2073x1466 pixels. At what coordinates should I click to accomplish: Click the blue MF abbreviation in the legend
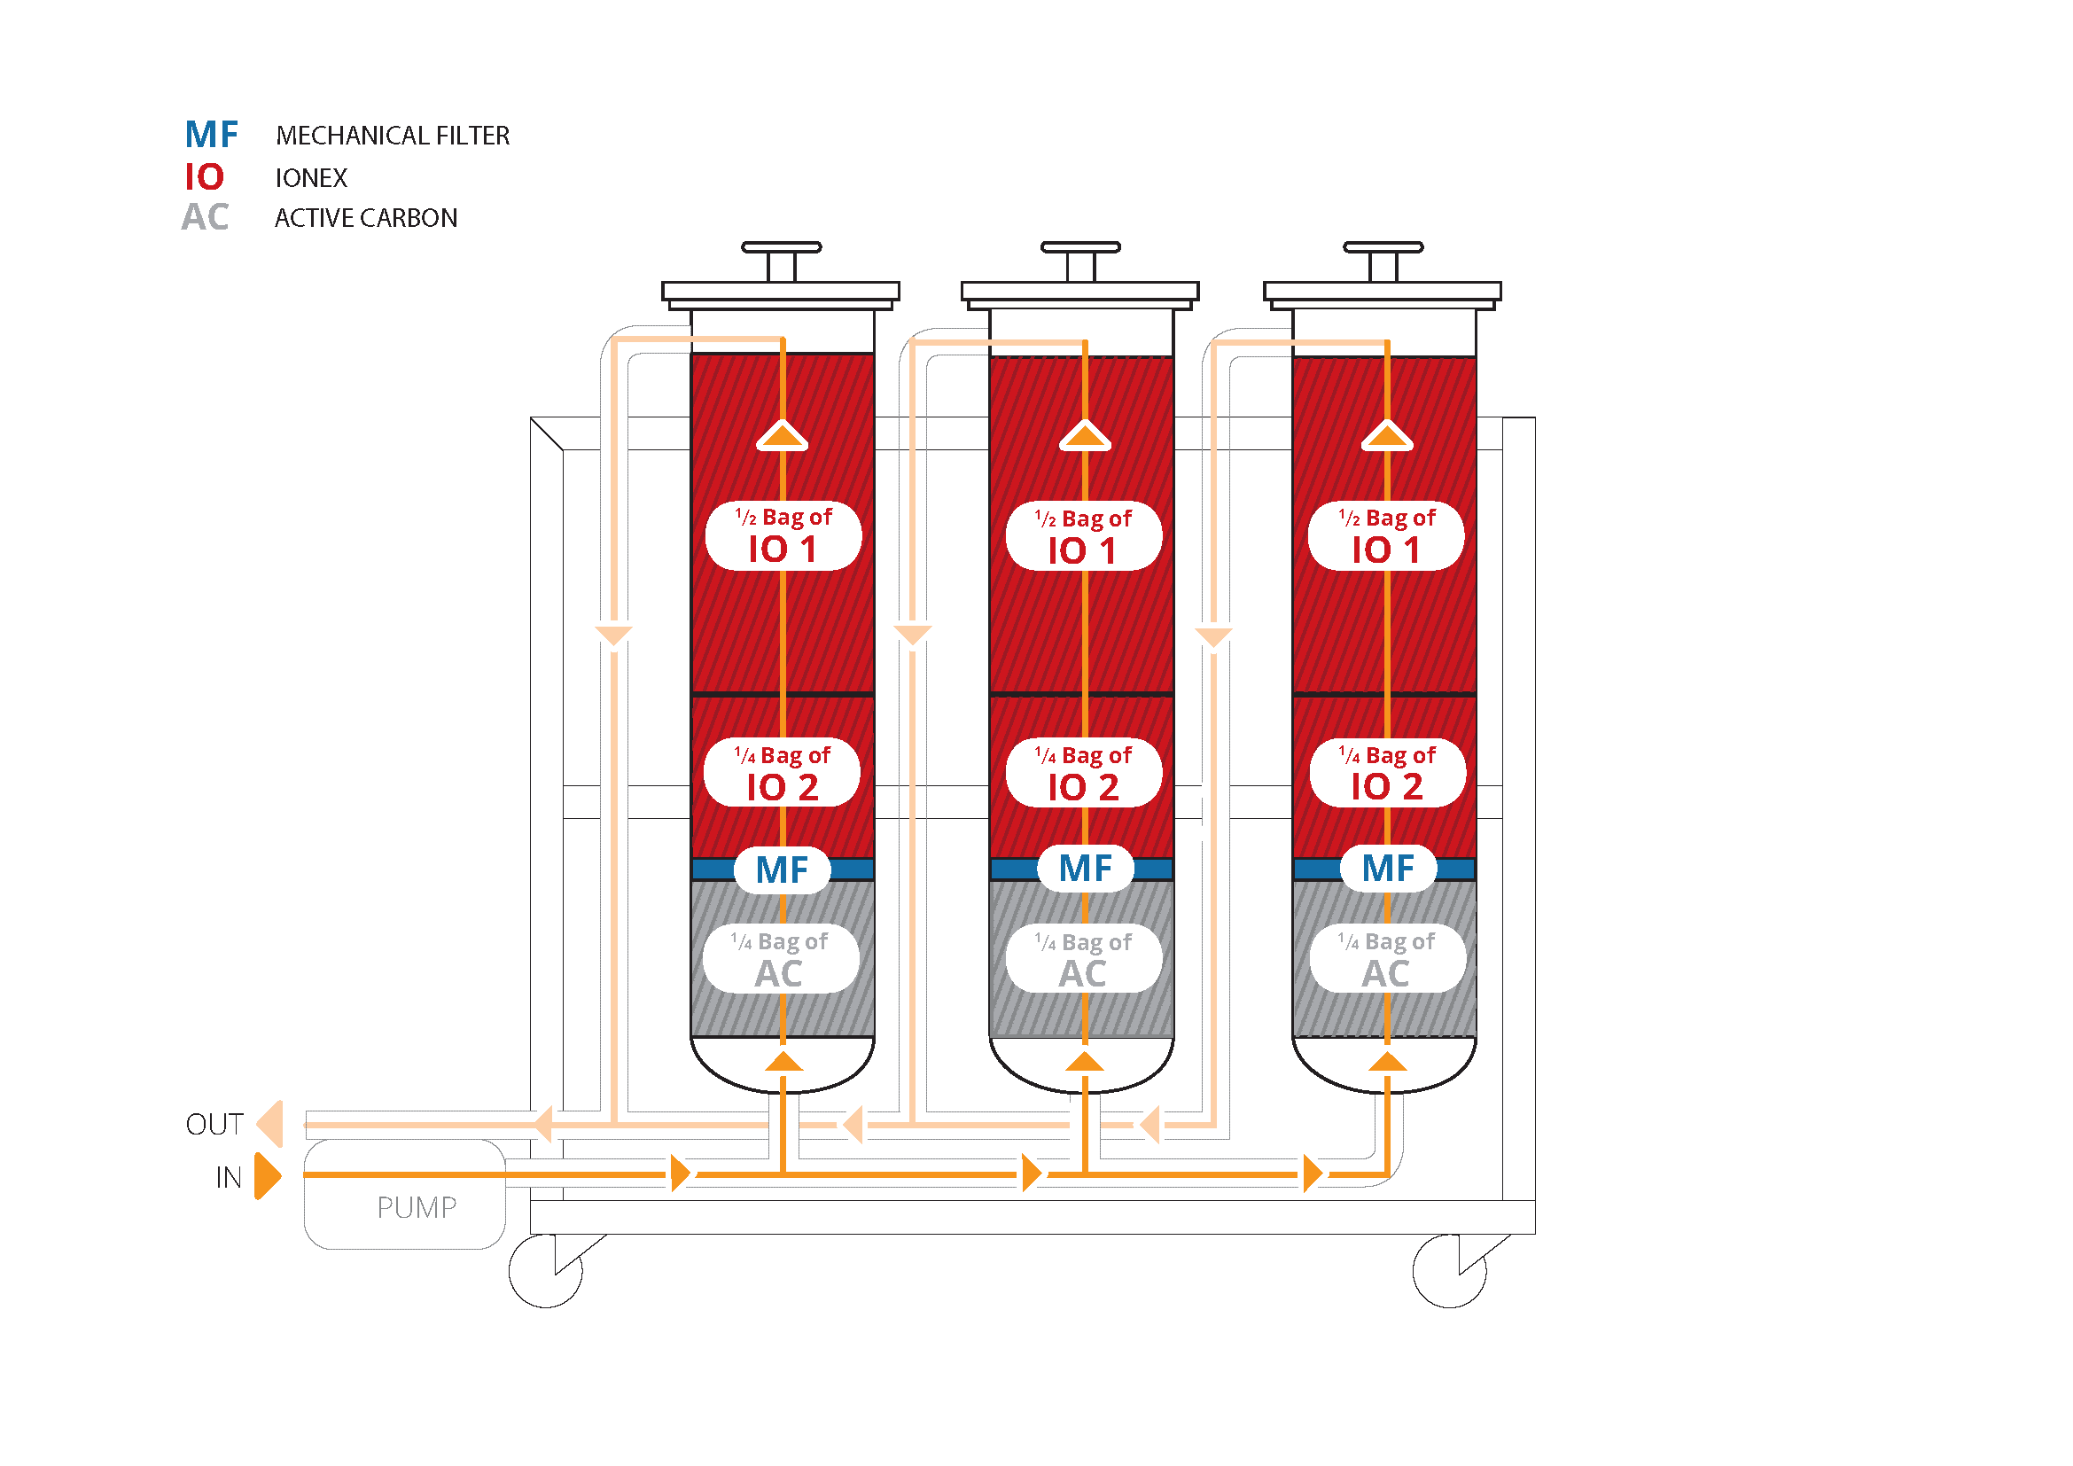pos(211,136)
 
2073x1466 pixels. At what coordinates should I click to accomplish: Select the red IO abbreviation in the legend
pos(204,177)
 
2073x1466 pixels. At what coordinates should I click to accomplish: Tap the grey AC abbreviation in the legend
pos(205,217)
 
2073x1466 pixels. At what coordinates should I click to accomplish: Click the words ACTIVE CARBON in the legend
pos(366,218)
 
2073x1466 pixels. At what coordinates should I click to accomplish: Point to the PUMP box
pos(404,1194)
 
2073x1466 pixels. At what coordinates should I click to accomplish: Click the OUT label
pos(214,1125)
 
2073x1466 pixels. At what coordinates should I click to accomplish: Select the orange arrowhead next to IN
pos(269,1175)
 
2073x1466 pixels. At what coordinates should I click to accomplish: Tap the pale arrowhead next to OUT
pos(270,1124)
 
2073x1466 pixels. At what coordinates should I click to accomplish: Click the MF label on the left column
pos(782,870)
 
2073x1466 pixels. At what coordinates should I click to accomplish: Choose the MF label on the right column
pos(1388,869)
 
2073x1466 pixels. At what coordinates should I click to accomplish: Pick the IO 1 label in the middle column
pos(1083,536)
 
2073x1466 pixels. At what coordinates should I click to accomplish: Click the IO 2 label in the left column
pos(782,773)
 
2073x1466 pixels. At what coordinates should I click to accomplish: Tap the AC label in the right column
pos(1388,959)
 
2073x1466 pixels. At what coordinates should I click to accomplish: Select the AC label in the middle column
pos(1083,959)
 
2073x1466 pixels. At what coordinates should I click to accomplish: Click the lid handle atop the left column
pos(782,261)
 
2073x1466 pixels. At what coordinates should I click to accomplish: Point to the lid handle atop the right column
pos(1383,261)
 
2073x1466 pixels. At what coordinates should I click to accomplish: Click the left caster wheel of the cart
pos(545,1271)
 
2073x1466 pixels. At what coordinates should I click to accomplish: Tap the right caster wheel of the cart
pos(1450,1271)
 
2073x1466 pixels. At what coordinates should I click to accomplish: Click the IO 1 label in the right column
pos(1387,536)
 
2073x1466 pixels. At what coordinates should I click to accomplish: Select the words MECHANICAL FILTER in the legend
pos(393,136)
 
